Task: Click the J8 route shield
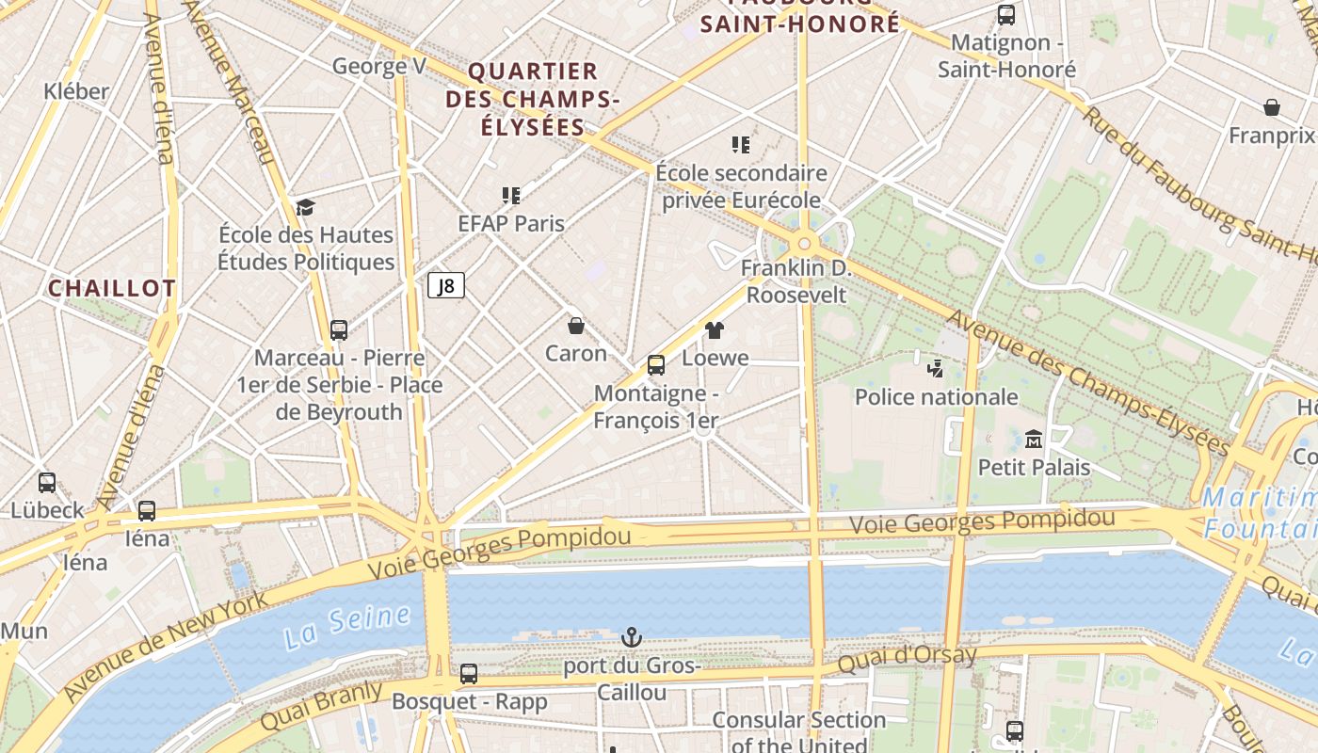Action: tap(446, 285)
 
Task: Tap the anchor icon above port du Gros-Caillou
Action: tap(632, 638)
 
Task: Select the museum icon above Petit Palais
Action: tap(1034, 439)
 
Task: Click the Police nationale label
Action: tap(936, 396)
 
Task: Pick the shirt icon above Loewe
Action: tap(715, 329)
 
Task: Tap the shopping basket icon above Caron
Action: tap(576, 326)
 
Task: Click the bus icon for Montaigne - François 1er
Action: tap(656, 365)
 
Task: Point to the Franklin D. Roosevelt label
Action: tap(796, 281)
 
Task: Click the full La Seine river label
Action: tap(347, 627)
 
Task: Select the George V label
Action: tap(379, 66)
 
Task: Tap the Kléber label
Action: tap(76, 91)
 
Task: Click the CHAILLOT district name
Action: tap(112, 288)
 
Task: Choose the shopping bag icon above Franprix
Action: tap(1272, 107)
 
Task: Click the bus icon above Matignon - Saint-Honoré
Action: tap(1006, 15)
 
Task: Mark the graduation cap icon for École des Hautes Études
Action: tap(305, 207)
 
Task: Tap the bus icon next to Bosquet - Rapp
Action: tap(469, 674)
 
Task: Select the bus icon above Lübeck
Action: tap(47, 483)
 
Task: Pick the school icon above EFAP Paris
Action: tap(511, 196)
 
